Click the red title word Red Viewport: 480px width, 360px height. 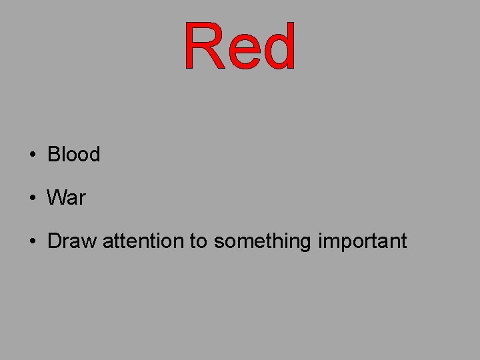tap(240, 47)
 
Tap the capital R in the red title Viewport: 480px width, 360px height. tap(203, 47)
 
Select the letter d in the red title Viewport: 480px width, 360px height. tap(279, 47)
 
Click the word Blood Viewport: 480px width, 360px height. tap(73, 155)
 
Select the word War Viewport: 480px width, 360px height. tap(66, 198)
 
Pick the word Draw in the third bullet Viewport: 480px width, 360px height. tap(72, 241)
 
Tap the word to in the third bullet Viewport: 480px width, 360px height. tap(199, 241)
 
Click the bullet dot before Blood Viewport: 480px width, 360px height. tap(32, 155)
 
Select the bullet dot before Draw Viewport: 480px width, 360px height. tap(32, 241)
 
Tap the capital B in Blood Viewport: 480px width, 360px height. tap(53, 155)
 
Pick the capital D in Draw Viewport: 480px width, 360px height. tap(55, 241)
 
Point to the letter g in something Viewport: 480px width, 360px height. tap(305, 243)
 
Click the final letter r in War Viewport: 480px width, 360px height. tap(82, 199)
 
